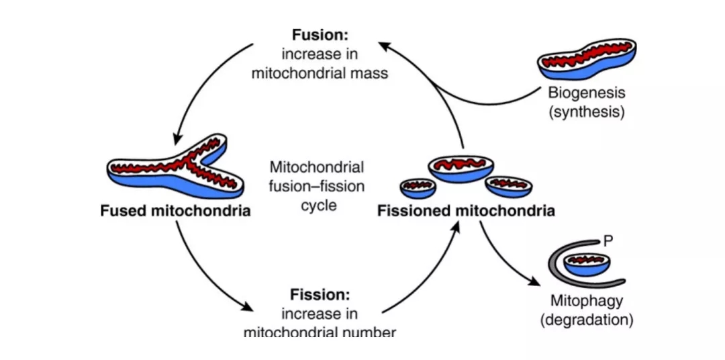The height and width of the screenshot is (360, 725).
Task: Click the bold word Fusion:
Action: click(319, 35)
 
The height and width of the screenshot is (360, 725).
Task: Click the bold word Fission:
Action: click(319, 295)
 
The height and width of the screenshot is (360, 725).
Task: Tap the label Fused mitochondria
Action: click(175, 212)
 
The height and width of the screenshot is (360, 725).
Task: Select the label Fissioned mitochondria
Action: click(466, 212)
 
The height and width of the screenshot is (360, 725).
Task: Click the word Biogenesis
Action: click(587, 93)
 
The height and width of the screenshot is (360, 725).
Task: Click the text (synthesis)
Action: click(587, 111)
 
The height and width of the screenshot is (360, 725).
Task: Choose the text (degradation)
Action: click(586, 320)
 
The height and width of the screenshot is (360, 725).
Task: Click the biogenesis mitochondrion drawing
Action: click(586, 61)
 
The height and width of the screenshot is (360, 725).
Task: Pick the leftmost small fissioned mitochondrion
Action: click(417, 189)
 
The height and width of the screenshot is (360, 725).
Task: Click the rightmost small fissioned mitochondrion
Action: click(508, 187)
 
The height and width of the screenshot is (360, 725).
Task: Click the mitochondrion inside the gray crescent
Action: click(587, 264)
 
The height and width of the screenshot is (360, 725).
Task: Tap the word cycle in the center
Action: click(319, 205)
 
